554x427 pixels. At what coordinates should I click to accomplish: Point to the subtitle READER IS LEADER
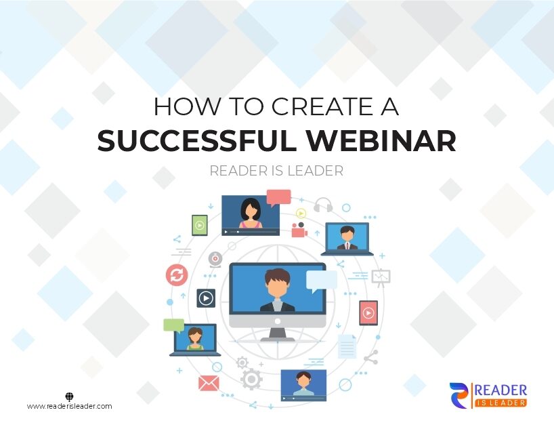click(x=276, y=171)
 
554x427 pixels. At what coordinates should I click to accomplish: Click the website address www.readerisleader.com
click(x=69, y=407)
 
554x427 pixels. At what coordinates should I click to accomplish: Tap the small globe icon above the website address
click(x=69, y=396)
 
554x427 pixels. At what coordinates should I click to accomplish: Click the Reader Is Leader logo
click(x=488, y=394)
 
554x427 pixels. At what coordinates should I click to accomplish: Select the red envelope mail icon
click(x=209, y=383)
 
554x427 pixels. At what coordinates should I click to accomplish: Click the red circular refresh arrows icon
click(x=177, y=275)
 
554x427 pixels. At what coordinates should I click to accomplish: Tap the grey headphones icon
click(x=323, y=205)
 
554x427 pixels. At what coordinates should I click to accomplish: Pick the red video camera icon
click(x=299, y=230)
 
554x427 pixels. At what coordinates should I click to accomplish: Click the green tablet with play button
click(x=199, y=225)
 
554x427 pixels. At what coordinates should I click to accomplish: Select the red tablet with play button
click(x=368, y=312)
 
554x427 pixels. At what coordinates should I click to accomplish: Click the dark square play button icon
click(x=206, y=298)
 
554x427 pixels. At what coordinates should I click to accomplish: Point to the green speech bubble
click(x=174, y=325)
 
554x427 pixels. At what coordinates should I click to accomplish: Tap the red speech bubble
click(x=278, y=197)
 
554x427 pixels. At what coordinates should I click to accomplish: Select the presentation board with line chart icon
click(x=381, y=277)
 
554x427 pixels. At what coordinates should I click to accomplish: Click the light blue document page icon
click(x=347, y=346)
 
